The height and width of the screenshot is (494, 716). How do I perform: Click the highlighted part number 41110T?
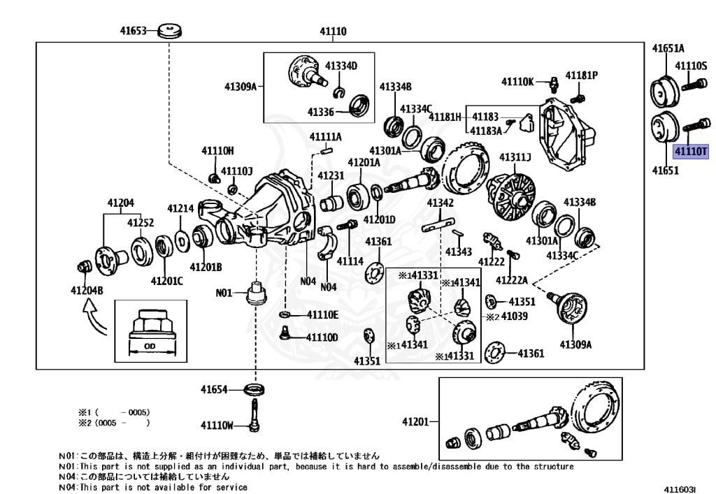690,151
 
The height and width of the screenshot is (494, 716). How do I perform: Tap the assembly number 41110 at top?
334,31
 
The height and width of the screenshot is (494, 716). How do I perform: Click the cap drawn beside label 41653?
170,31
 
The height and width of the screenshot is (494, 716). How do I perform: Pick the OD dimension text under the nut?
150,344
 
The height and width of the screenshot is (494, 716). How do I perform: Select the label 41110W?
217,425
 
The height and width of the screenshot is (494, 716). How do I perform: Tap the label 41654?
215,389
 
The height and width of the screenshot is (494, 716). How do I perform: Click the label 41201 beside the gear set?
416,421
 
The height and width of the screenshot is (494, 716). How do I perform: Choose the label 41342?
440,203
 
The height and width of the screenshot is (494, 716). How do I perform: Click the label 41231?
331,175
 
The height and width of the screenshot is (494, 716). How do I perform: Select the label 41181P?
582,75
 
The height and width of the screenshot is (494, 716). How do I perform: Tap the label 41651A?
668,48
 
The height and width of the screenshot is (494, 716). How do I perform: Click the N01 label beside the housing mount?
224,293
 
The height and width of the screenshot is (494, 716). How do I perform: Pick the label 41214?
180,208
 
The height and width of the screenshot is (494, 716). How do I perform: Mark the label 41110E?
322,315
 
